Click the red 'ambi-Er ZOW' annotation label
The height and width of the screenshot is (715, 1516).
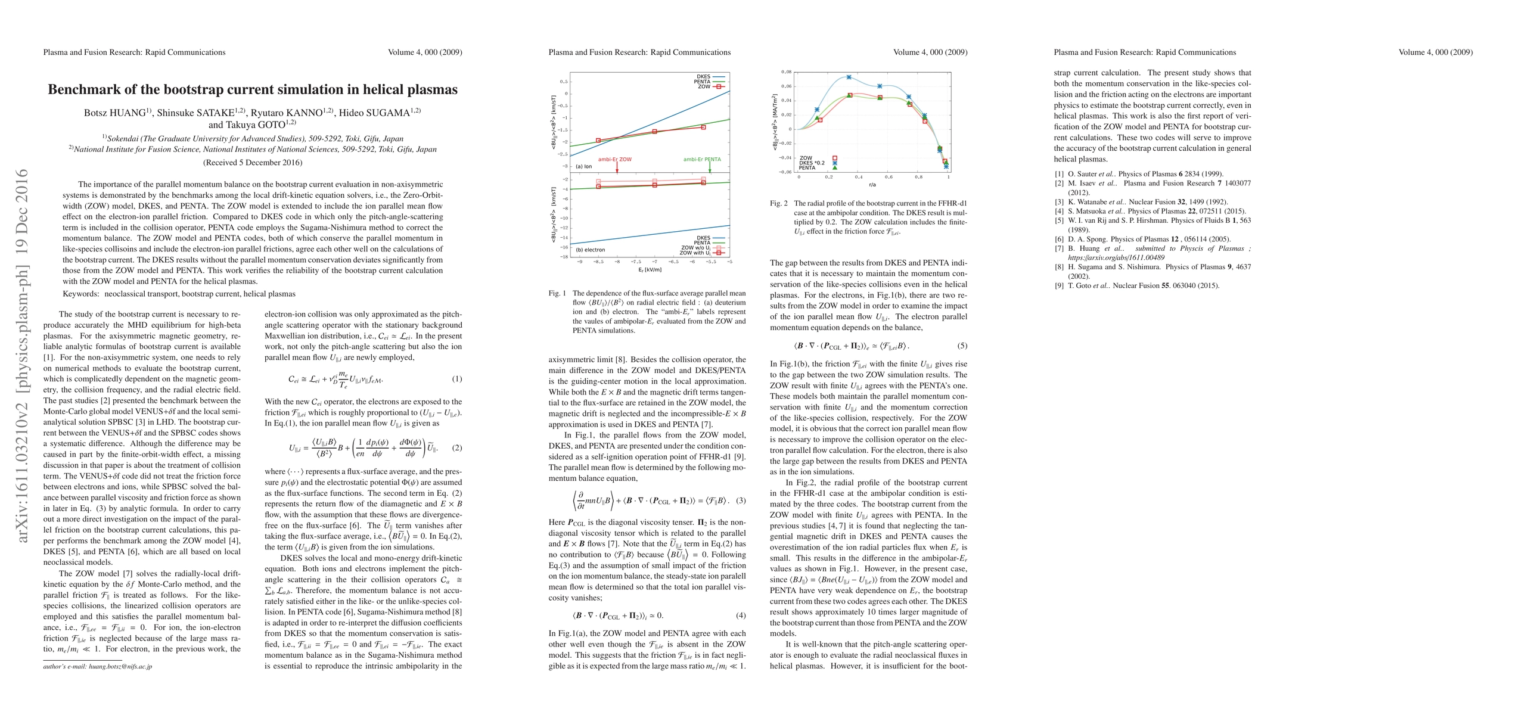tap(614, 160)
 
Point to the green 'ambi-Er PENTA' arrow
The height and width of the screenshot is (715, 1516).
tap(710, 167)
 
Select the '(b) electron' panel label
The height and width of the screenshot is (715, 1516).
tap(591, 250)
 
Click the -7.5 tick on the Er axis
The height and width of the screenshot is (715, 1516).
tap(636, 262)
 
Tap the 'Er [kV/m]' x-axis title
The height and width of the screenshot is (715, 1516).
tap(650, 269)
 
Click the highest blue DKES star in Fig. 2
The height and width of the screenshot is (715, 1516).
tap(849, 77)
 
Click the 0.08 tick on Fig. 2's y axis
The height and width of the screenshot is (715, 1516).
tap(787, 72)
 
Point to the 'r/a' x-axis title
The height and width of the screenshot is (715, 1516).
tap(872, 185)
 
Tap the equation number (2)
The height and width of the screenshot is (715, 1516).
tap(456, 448)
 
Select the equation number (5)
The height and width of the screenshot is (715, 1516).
tap(962, 346)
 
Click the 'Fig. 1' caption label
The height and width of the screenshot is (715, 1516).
tap(557, 293)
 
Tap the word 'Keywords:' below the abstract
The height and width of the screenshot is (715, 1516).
tap(80, 294)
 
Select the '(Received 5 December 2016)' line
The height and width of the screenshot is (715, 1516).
tap(253, 163)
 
